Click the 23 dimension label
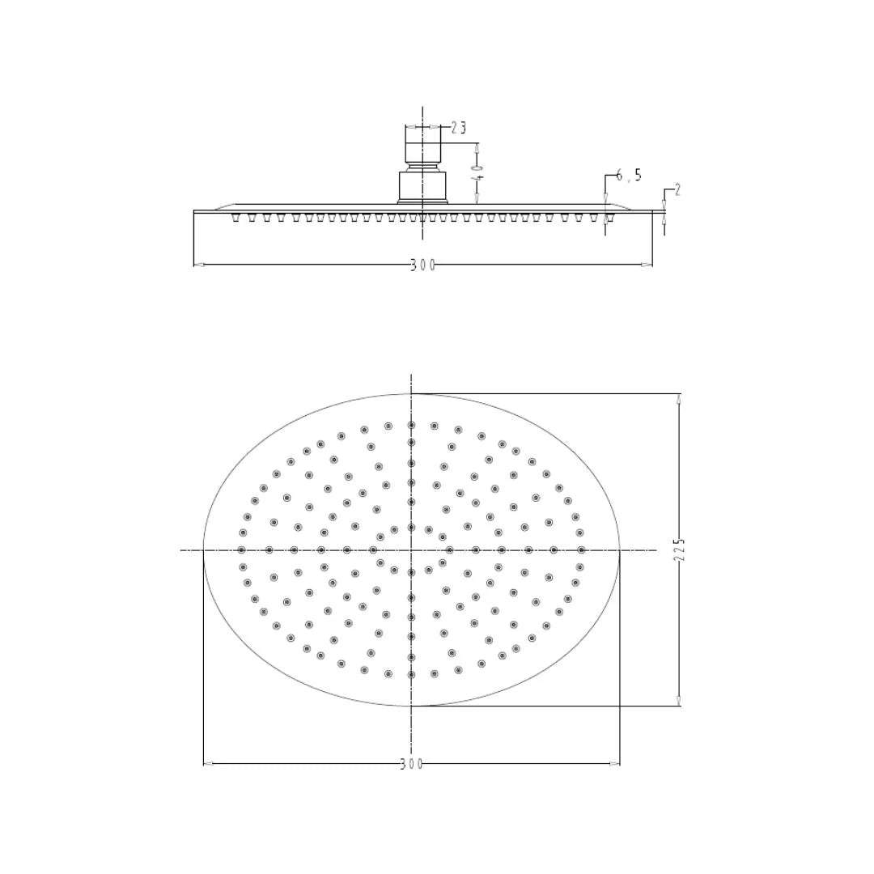pyautogui.click(x=459, y=128)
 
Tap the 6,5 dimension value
pyautogui.click(x=628, y=176)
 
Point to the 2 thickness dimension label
pyautogui.click(x=677, y=190)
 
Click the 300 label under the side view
pyautogui.click(x=422, y=265)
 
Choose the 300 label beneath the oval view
pyautogui.click(x=411, y=764)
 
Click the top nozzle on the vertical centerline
pyautogui.click(x=411, y=425)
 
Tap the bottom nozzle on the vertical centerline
pyautogui.click(x=411, y=674)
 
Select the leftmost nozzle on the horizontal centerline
pyautogui.click(x=241, y=550)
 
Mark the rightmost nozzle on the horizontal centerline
pyautogui.click(x=581, y=550)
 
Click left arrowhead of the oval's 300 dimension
pyautogui.click(x=207, y=763)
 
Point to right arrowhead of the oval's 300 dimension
pyautogui.click(x=616, y=763)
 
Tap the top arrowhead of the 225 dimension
pyautogui.click(x=679, y=398)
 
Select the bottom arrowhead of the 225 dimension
pyautogui.click(x=679, y=701)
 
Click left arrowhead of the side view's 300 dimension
pyautogui.click(x=198, y=265)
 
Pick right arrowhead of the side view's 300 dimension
pyautogui.click(x=647, y=265)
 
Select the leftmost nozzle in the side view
pyautogui.click(x=235, y=218)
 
